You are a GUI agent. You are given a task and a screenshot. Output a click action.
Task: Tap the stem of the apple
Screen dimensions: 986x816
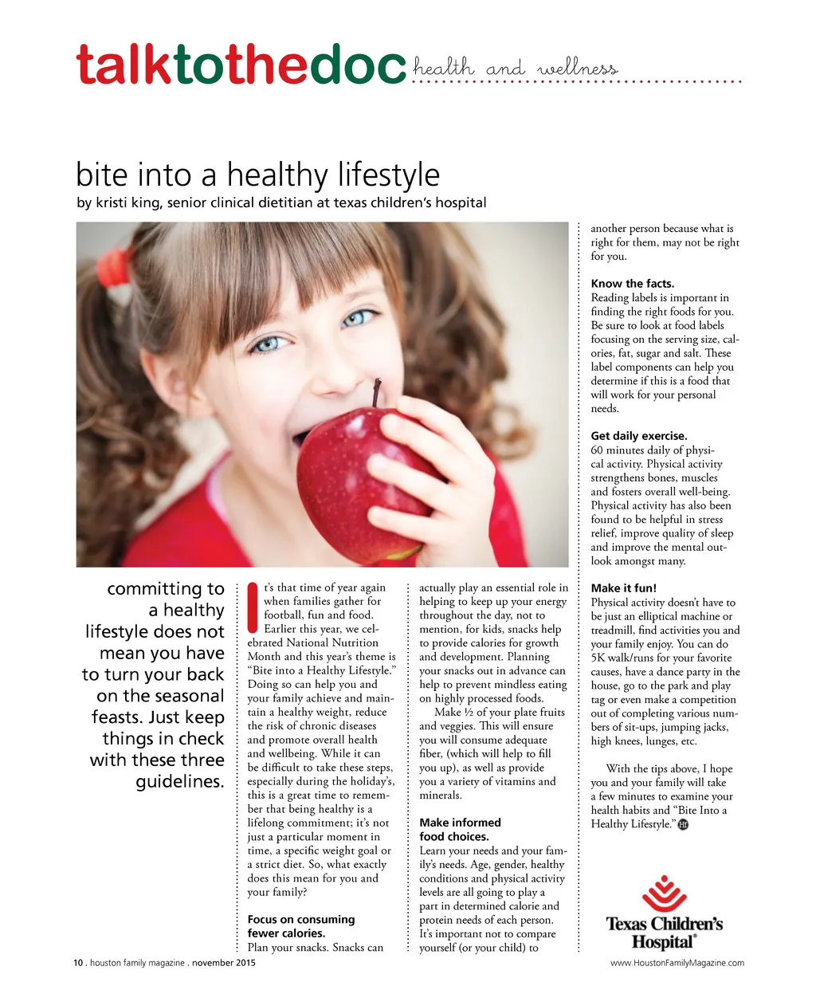coord(377,392)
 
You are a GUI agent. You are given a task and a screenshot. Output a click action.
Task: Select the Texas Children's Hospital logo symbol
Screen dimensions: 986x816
coord(664,894)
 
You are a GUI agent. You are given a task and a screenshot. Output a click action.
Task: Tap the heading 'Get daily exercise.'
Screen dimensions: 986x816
coord(638,436)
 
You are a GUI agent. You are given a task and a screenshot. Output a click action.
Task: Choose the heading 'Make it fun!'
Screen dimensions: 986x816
coord(623,588)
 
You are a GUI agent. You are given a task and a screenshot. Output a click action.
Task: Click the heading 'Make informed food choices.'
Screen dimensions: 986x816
coord(460,829)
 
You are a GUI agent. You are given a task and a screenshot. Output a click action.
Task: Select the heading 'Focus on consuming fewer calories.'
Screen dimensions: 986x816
coord(300,926)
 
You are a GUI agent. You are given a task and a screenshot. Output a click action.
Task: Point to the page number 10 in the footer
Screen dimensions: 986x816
coord(78,963)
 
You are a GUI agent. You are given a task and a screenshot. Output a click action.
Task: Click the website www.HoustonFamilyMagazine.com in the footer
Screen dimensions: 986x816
coord(677,963)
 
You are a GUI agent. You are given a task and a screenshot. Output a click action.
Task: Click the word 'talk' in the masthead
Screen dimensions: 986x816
coord(124,66)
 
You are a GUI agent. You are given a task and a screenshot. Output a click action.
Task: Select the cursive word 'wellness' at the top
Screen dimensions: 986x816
coord(577,69)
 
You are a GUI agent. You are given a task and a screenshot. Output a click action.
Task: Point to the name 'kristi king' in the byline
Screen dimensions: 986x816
coord(127,202)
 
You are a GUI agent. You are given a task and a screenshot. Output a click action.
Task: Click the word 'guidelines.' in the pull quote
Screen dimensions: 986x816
coord(179,782)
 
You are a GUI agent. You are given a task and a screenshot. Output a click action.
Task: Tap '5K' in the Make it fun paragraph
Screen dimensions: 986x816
coord(598,658)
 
